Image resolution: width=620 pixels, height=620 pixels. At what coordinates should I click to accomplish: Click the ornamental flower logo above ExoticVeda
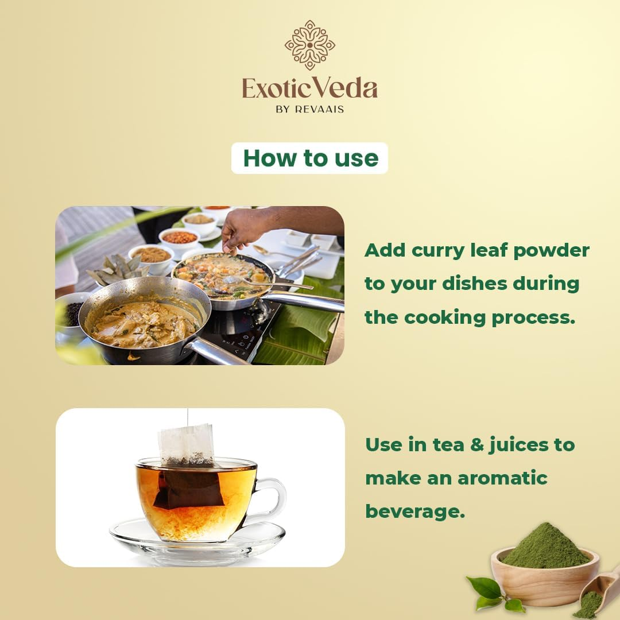[x=309, y=45]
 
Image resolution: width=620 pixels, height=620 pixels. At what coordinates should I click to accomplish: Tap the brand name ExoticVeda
[x=309, y=88]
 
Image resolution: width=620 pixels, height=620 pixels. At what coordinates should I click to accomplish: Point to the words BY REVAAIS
[x=309, y=110]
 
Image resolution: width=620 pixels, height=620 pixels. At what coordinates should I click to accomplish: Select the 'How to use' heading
[x=311, y=158]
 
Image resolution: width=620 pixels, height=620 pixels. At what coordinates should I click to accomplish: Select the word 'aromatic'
[x=502, y=478]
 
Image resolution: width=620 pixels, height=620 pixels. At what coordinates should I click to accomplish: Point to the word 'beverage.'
[x=415, y=511]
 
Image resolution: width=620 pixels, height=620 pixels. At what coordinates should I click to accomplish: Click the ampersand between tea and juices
[x=477, y=445]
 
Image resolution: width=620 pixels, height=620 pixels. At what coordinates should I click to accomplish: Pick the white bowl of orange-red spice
[x=180, y=239]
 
